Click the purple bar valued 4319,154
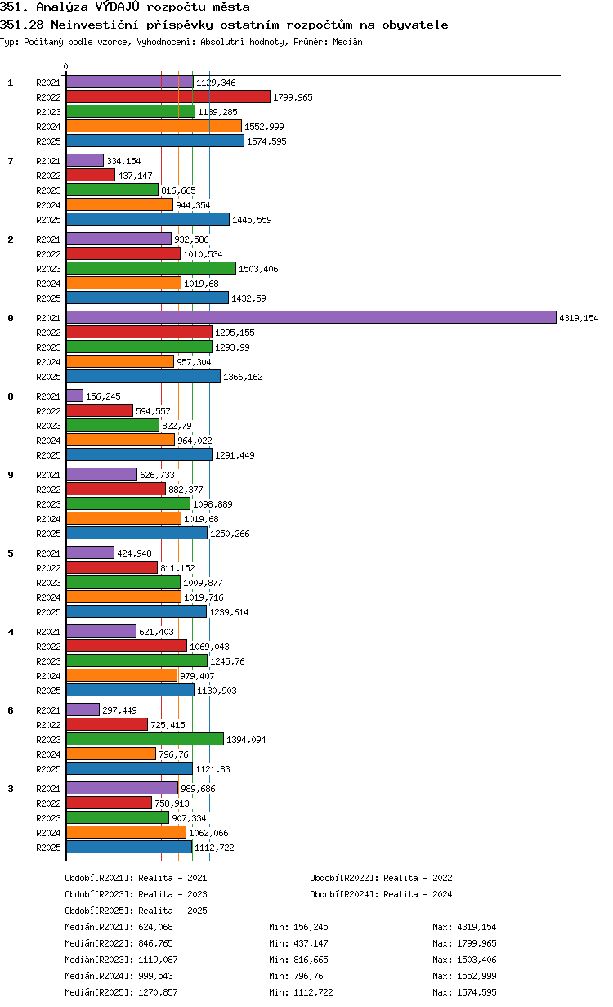tap(311, 317)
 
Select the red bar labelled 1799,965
tap(168, 96)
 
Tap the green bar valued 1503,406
tap(151, 268)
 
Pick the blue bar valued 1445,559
tap(148, 219)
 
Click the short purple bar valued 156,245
tap(74, 396)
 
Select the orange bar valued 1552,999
tap(154, 127)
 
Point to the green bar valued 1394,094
tap(145, 739)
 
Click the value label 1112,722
tap(214, 848)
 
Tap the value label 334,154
tap(123, 161)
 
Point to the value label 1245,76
tap(227, 661)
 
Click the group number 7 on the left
tap(11, 161)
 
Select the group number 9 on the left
tap(11, 475)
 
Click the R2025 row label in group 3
tap(48, 848)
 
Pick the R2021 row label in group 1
tap(48, 83)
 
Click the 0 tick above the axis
tap(66, 66)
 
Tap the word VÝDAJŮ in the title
tap(118, 7)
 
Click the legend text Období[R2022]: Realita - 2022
tap(381, 878)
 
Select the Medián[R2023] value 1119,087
tap(158, 960)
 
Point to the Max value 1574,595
tap(477, 991)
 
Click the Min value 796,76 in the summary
tap(308, 976)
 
